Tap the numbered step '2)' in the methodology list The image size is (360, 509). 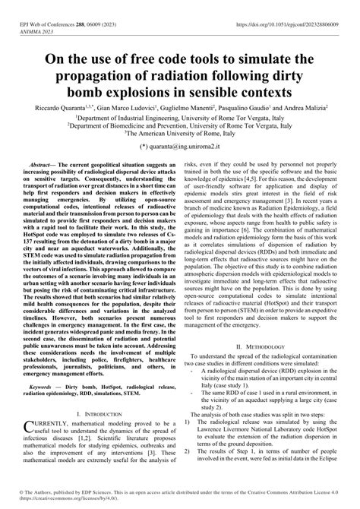coord(188,451)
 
